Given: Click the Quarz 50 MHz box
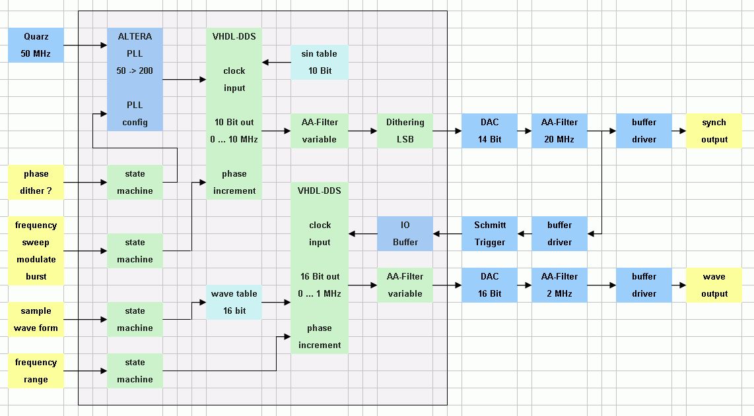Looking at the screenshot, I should click(x=36, y=45).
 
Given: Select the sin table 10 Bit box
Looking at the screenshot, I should click(x=320, y=62).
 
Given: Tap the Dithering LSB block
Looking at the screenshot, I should click(x=405, y=131).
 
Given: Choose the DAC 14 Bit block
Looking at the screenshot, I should click(x=489, y=131).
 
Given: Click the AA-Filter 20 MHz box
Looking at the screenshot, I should click(x=559, y=131).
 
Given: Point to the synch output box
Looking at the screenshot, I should click(x=714, y=131).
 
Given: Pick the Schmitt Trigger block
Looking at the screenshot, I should click(x=489, y=233).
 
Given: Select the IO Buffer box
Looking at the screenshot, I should click(x=405, y=233).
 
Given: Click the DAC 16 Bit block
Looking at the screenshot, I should click(x=489, y=285).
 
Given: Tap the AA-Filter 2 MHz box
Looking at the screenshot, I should click(x=559, y=285).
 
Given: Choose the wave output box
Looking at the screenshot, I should click(x=714, y=285).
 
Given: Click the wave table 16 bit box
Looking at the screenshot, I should click(x=234, y=302).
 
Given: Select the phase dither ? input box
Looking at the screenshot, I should click(x=36, y=182).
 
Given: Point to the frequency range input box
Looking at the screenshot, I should click(x=36, y=371).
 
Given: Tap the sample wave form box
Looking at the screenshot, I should click(x=36, y=319).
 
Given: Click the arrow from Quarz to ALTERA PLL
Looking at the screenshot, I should click(x=86, y=45).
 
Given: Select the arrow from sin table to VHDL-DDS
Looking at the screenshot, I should click(x=277, y=63).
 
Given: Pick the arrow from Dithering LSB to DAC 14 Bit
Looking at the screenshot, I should click(x=447, y=131).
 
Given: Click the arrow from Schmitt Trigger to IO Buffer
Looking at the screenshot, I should click(x=447, y=233).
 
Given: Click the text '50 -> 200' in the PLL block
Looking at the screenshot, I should click(x=135, y=71).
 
